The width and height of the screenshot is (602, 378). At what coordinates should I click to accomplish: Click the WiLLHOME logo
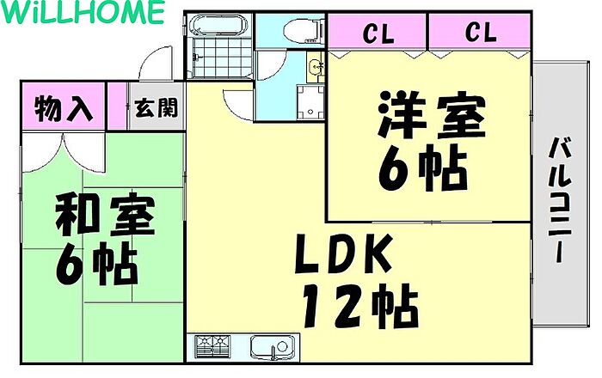point(83,12)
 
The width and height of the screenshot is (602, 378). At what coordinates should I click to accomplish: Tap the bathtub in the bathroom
point(219,25)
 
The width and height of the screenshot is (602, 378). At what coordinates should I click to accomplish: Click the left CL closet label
point(378,34)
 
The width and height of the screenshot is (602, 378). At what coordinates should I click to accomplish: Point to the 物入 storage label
point(64,108)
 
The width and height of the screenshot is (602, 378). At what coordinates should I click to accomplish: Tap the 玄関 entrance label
point(157,107)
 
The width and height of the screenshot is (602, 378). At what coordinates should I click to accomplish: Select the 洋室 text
point(432,115)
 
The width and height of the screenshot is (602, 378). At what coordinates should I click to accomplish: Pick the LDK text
point(344,253)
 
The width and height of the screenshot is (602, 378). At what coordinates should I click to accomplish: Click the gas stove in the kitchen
point(212,346)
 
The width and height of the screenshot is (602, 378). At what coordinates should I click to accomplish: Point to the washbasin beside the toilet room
point(316,67)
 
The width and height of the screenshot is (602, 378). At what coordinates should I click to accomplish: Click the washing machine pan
point(310,101)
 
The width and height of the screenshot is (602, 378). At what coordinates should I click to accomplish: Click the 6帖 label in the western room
point(422,168)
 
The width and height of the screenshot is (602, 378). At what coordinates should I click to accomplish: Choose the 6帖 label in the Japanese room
point(96,264)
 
